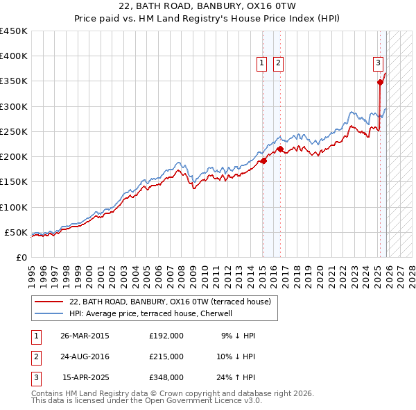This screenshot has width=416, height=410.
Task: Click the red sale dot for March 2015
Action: click(x=263, y=161)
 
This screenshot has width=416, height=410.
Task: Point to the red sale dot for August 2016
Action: click(x=280, y=149)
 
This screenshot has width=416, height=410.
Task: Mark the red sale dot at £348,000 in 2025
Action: click(x=380, y=82)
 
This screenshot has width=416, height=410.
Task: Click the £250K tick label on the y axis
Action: click(x=13, y=131)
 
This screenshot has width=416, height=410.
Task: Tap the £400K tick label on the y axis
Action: click(x=13, y=56)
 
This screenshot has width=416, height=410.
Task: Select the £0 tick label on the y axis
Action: click(x=21, y=257)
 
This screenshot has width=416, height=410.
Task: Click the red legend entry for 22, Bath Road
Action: click(x=173, y=302)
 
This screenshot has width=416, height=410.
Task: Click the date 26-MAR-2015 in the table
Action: click(x=85, y=336)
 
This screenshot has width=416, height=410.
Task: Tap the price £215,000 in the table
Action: click(x=166, y=356)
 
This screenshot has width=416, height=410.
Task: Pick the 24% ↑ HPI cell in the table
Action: click(x=235, y=377)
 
